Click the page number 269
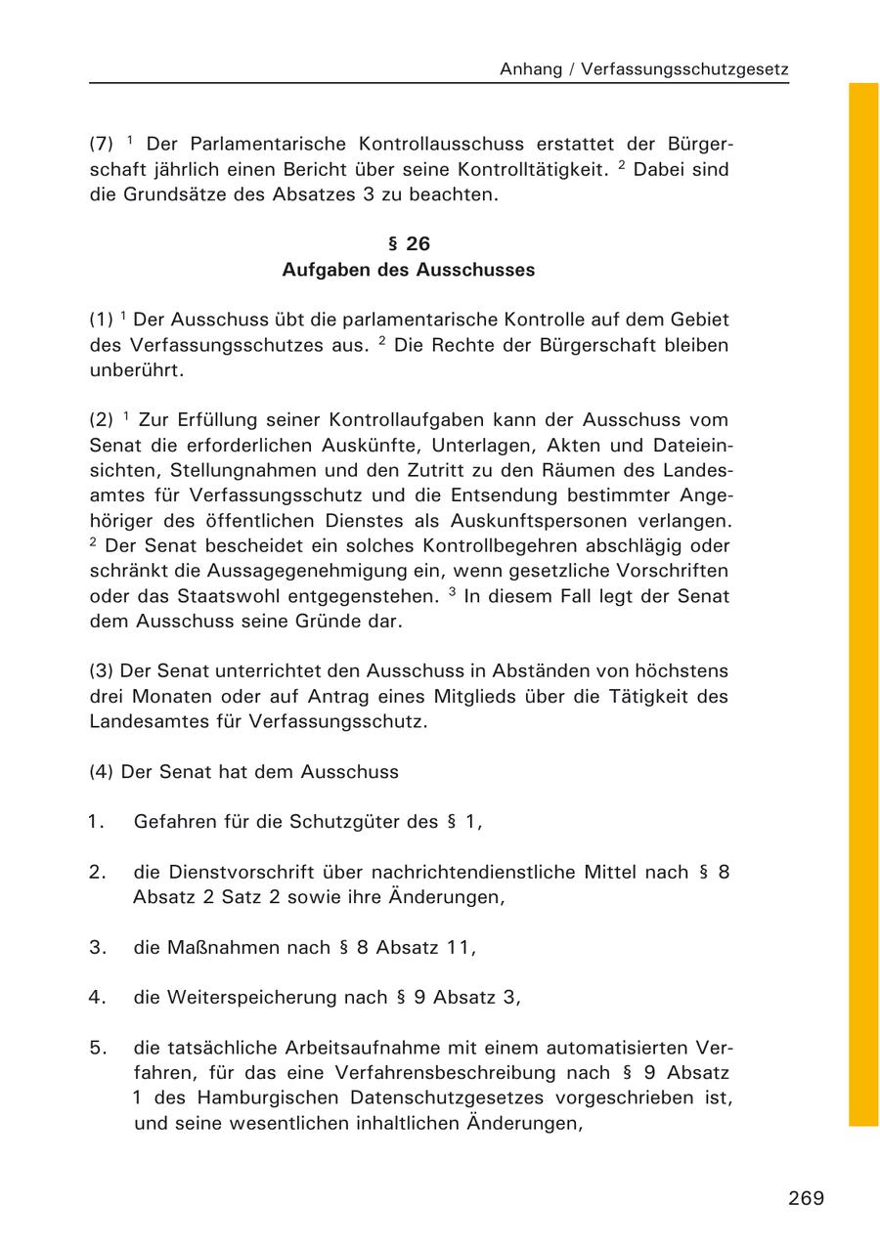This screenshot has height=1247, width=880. pos(806,1198)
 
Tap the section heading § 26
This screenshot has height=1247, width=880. pos(409,244)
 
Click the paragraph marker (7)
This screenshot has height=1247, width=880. pos(102,144)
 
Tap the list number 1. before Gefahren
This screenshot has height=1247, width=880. pos(96,822)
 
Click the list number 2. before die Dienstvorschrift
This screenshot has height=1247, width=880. pos(97,872)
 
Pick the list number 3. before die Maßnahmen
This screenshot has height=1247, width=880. pos(97,947)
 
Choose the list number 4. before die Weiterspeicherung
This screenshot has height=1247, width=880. pos(97,998)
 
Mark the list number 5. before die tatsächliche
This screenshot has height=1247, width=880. pos(97,1048)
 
